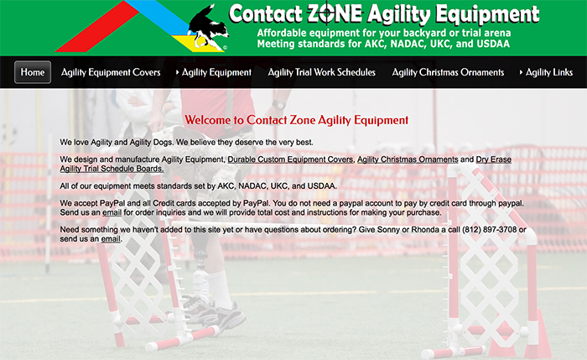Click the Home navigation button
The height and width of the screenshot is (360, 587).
pos(33,72)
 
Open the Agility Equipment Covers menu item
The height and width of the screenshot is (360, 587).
pos(111,72)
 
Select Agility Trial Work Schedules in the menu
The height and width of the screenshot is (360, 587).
pos(321,72)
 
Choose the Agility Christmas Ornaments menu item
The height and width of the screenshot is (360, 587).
pos(448,72)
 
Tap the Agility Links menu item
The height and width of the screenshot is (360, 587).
pos(548,72)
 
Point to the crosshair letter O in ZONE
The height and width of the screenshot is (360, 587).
pos(327,14)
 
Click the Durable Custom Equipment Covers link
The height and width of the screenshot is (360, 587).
pos(290,159)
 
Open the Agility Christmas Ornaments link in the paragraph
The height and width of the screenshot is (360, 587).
pos(408,159)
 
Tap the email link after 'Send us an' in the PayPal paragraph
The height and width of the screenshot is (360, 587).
pos(112,212)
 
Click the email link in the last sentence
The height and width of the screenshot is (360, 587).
pos(111,239)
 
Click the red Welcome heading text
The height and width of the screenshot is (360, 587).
pos(297,120)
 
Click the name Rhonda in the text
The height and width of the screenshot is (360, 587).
pos(425,229)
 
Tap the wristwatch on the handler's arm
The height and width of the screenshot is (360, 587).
pos(279,105)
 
